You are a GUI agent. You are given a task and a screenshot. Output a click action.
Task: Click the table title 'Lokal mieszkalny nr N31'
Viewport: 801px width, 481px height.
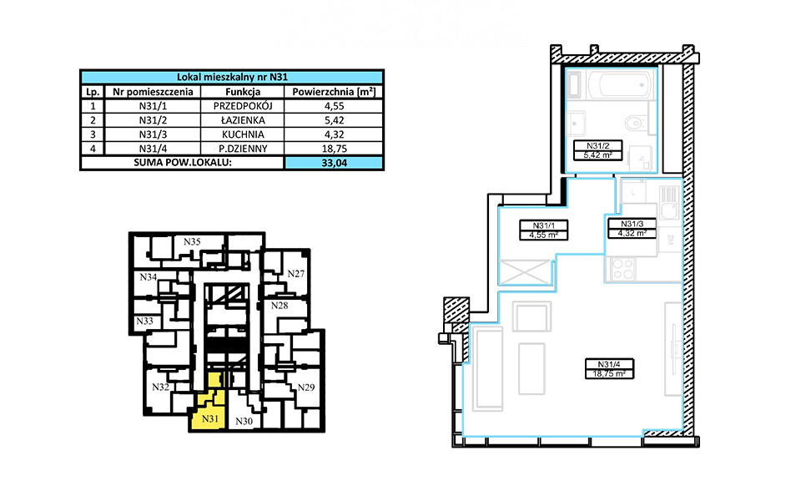coord(233,77)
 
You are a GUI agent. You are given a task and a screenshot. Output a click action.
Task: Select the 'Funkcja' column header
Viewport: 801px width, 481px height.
coord(243,92)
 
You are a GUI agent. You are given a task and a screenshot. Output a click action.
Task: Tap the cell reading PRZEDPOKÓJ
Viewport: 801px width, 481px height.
coord(243,106)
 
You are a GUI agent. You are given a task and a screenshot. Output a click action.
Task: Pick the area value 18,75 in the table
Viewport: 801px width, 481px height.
coord(334,149)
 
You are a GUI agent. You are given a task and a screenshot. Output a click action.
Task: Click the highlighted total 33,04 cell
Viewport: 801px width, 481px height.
coord(334,163)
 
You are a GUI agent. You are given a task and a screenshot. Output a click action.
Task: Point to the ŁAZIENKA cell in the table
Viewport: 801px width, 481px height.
coord(243,120)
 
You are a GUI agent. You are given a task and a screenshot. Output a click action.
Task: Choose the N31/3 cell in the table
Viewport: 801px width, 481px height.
coord(153,134)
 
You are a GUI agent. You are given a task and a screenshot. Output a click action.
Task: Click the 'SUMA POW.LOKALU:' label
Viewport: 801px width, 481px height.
coord(183,163)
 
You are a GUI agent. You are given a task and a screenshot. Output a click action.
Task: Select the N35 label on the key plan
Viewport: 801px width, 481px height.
coord(192,241)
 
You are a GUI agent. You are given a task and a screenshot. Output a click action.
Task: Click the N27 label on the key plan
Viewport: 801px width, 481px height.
coord(295,273)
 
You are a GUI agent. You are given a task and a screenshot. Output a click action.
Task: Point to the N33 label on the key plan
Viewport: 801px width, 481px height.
coord(144,321)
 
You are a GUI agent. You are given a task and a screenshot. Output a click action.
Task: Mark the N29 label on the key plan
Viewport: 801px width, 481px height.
coord(306,387)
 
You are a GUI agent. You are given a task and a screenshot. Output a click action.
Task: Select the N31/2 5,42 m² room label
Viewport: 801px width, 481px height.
coord(597,150)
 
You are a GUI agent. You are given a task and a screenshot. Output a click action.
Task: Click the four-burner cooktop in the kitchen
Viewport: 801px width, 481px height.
coord(621,269)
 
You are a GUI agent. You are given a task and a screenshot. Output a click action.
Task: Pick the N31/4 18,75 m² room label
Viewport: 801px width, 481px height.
coord(609,368)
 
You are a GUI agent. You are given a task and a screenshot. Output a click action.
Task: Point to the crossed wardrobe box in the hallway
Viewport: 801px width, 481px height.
coord(525,271)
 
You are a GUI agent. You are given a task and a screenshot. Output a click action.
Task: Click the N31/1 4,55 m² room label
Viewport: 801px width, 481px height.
coord(543,230)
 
